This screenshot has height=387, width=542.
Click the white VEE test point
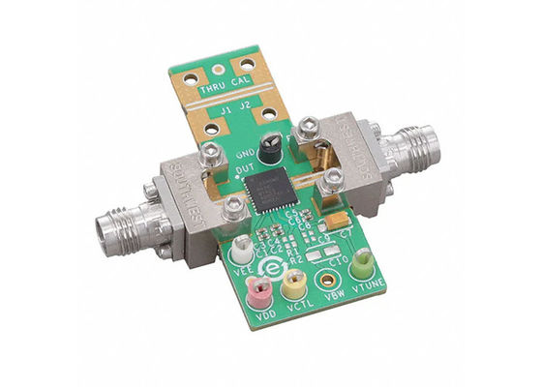[241, 249]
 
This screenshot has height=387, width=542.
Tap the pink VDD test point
[259, 288]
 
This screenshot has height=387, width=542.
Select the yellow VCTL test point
[292, 284]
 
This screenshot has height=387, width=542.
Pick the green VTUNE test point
[362, 260]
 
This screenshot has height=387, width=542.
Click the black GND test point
[276, 143]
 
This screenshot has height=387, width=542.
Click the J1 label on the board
[226, 110]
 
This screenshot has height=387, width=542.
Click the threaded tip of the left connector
[104, 229]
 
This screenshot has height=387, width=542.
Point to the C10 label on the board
[340, 259]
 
